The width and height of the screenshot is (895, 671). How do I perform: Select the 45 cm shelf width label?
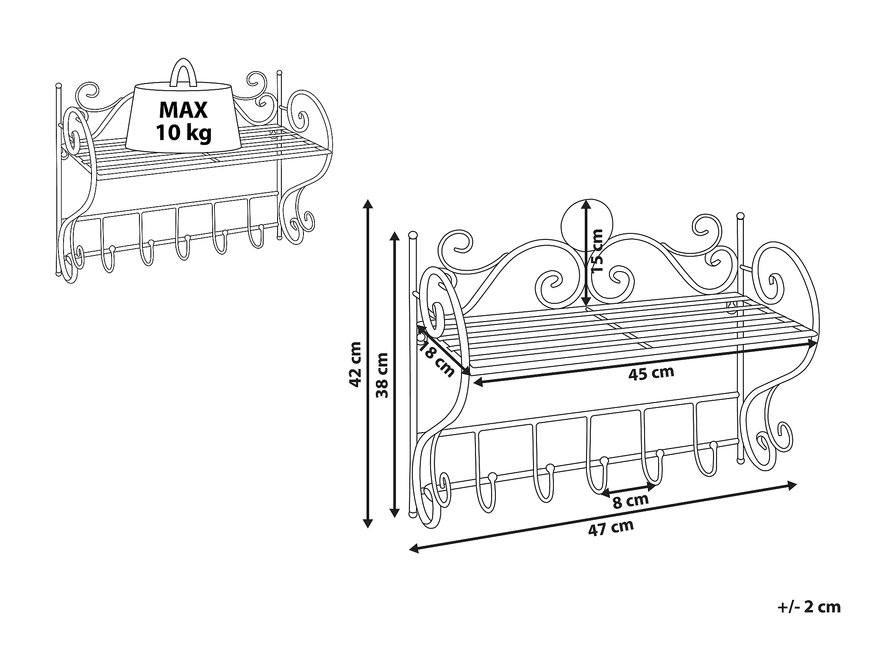[x=651, y=373]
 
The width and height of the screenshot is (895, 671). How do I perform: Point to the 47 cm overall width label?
[x=611, y=528]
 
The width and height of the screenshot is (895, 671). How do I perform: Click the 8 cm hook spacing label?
[x=631, y=501]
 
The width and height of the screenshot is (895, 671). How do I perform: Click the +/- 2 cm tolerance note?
[x=809, y=607]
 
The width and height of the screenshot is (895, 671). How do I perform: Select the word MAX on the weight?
[x=183, y=110]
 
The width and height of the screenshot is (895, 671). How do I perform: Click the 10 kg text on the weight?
[x=183, y=133]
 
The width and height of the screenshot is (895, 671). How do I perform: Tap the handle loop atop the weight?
[x=183, y=72]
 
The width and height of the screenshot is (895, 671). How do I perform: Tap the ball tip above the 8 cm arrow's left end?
[x=604, y=460]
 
